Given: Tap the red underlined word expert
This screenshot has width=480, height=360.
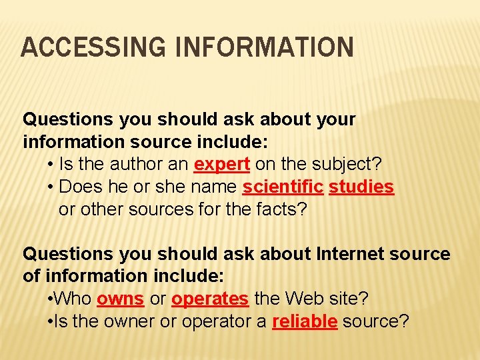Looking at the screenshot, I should coord(221,164).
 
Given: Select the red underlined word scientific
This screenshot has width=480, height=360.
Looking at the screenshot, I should coord(283,187).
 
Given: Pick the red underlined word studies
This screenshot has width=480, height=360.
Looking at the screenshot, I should coord(361,187).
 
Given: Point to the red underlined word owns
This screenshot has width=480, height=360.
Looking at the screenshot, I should coord(120,299).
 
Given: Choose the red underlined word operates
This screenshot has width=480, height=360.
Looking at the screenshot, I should coord(209,299).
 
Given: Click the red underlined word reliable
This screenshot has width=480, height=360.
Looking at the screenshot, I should coord(305,321).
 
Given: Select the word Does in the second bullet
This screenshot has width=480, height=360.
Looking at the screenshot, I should coord(79,187).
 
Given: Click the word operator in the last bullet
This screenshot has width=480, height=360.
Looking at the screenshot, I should coord(195,321).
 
